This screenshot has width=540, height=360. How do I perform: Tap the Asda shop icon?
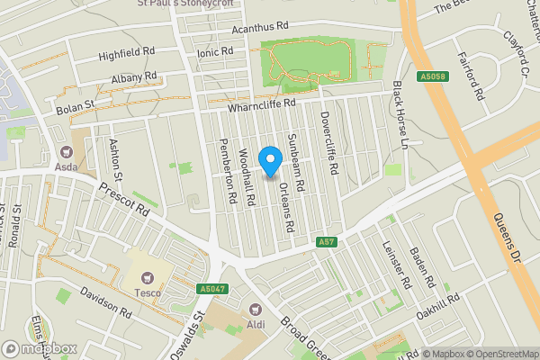[x=66, y=152]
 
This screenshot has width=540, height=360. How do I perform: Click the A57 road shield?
[x=328, y=241]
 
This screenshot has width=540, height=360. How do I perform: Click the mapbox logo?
[x=39, y=348]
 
